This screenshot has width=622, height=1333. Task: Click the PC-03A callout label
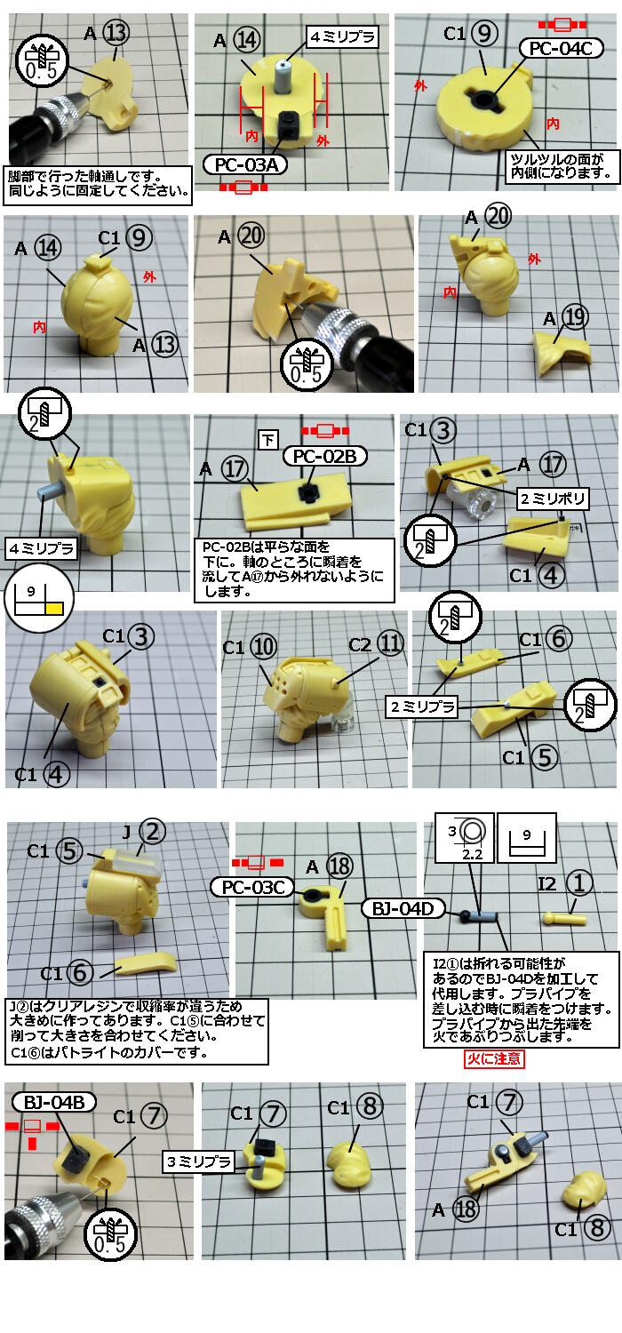click(x=245, y=164)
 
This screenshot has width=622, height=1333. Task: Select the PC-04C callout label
click(x=561, y=48)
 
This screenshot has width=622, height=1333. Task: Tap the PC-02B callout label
click(x=324, y=457)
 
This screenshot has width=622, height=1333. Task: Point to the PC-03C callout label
click(x=252, y=887)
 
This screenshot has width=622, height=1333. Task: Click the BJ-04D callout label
click(x=403, y=909)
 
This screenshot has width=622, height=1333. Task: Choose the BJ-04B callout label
click(x=53, y=1103)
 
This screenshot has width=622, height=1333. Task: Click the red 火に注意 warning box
click(x=494, y=1058)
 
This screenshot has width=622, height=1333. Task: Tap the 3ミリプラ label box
click(x=199, y=1161)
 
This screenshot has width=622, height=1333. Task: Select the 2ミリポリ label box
click(x=553, y=499)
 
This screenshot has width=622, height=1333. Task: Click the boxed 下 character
click(x=268, y=440)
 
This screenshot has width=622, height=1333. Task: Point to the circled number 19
click(x=574, y=318)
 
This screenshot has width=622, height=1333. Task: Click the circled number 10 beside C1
click(x=264, y=647)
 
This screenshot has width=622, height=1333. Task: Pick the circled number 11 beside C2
click(x=390, y=643)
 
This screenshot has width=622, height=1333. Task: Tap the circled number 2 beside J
click(x=152, y=832)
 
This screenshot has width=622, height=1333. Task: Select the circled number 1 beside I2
click(x=579, y=883)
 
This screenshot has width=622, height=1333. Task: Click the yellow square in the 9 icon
click(x=55, y=608)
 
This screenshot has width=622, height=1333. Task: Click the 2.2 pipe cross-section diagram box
click(x=465, y=837)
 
